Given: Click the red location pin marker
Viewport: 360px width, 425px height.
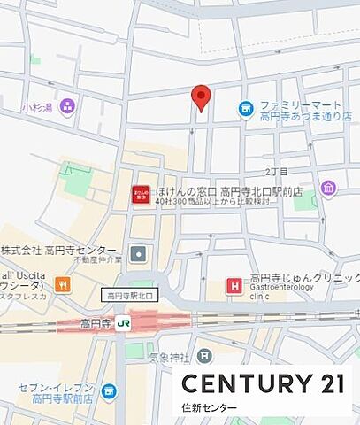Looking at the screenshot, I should click(202, 97).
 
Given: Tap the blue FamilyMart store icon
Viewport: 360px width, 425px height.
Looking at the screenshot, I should click(246, 109).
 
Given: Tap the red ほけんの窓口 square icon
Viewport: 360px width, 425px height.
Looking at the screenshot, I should click(140, 196).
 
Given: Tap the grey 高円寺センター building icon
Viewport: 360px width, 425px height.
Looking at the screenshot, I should click(139, 255).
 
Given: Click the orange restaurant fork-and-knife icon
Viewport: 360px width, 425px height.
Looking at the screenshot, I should click(63, 284).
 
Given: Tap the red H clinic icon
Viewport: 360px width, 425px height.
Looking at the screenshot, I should click(234, 285).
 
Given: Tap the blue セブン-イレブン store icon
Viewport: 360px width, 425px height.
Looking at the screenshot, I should click(108, 390).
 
